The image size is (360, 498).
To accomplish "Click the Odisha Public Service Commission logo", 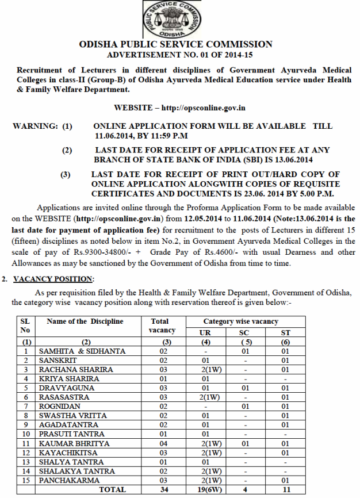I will [180, 20].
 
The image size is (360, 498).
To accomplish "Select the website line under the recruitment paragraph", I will [180, 108].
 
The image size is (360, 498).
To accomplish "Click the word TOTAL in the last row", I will [112, 489].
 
